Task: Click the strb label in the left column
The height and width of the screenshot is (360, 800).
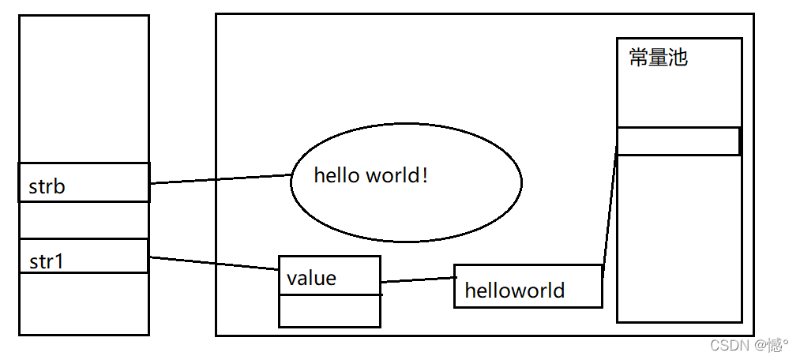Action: click(47, 187)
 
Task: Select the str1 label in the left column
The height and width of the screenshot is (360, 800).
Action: click(45, 261)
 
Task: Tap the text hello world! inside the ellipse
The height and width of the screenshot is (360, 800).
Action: click(370, 175)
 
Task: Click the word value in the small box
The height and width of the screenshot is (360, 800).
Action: click(311, 278)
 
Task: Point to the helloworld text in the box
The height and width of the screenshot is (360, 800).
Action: click(514, 290)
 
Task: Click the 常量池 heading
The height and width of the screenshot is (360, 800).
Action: click(658, 58)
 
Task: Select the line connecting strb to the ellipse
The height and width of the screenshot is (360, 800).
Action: click(221, 179)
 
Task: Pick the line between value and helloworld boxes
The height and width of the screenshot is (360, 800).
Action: click(418, 279)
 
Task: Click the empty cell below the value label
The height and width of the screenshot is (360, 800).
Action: click(329, 310)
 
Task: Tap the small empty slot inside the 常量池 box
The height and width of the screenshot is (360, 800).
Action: click(678, 141)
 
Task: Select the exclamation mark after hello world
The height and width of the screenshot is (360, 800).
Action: click(425, 175)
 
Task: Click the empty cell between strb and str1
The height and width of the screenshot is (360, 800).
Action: click(84, 219)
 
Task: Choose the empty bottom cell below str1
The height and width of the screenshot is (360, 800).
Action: click(84, 303)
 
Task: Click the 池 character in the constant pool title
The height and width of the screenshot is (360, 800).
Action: click(678, 58)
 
